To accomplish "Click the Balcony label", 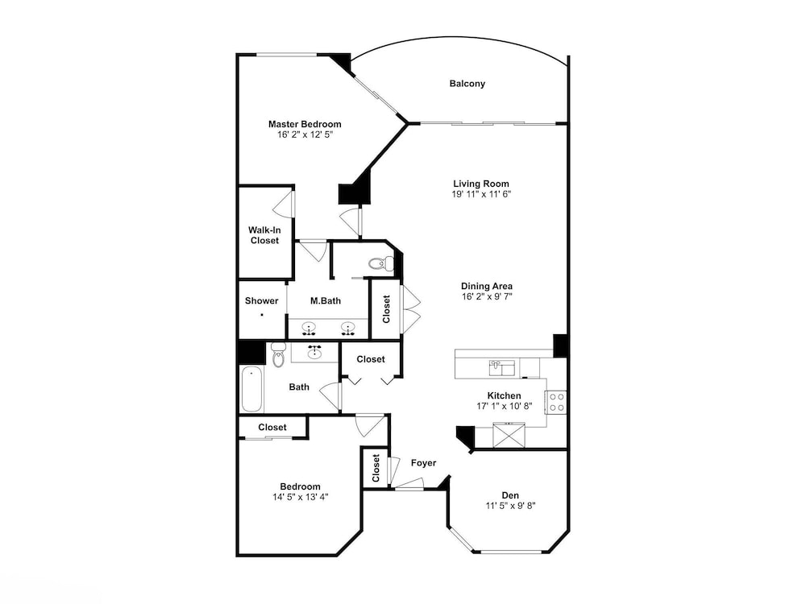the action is [x=467, y=83].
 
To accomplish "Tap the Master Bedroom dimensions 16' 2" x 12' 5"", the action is [x=305, y=134].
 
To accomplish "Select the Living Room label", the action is [x=481, y=184].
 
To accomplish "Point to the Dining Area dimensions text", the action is [x=487, y=296].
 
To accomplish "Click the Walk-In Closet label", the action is [x=264, y=235].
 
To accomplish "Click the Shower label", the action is [x=262, y=300].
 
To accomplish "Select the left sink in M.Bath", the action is [x=309, y=328].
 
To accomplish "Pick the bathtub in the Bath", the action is [x=251, y=389].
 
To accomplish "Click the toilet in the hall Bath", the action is [x=278, y=354].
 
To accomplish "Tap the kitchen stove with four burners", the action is [x=556, y=402].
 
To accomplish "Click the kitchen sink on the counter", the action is [x=501, y=368].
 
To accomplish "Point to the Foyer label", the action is [x=424, y=463].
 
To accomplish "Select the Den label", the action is [x=510, y=495].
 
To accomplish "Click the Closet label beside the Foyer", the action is [x=376, y=468].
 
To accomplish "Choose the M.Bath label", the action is [x=326, y=300].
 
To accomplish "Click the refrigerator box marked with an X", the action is [x=509, y=435].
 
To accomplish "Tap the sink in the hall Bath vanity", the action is [x=314, y=353].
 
